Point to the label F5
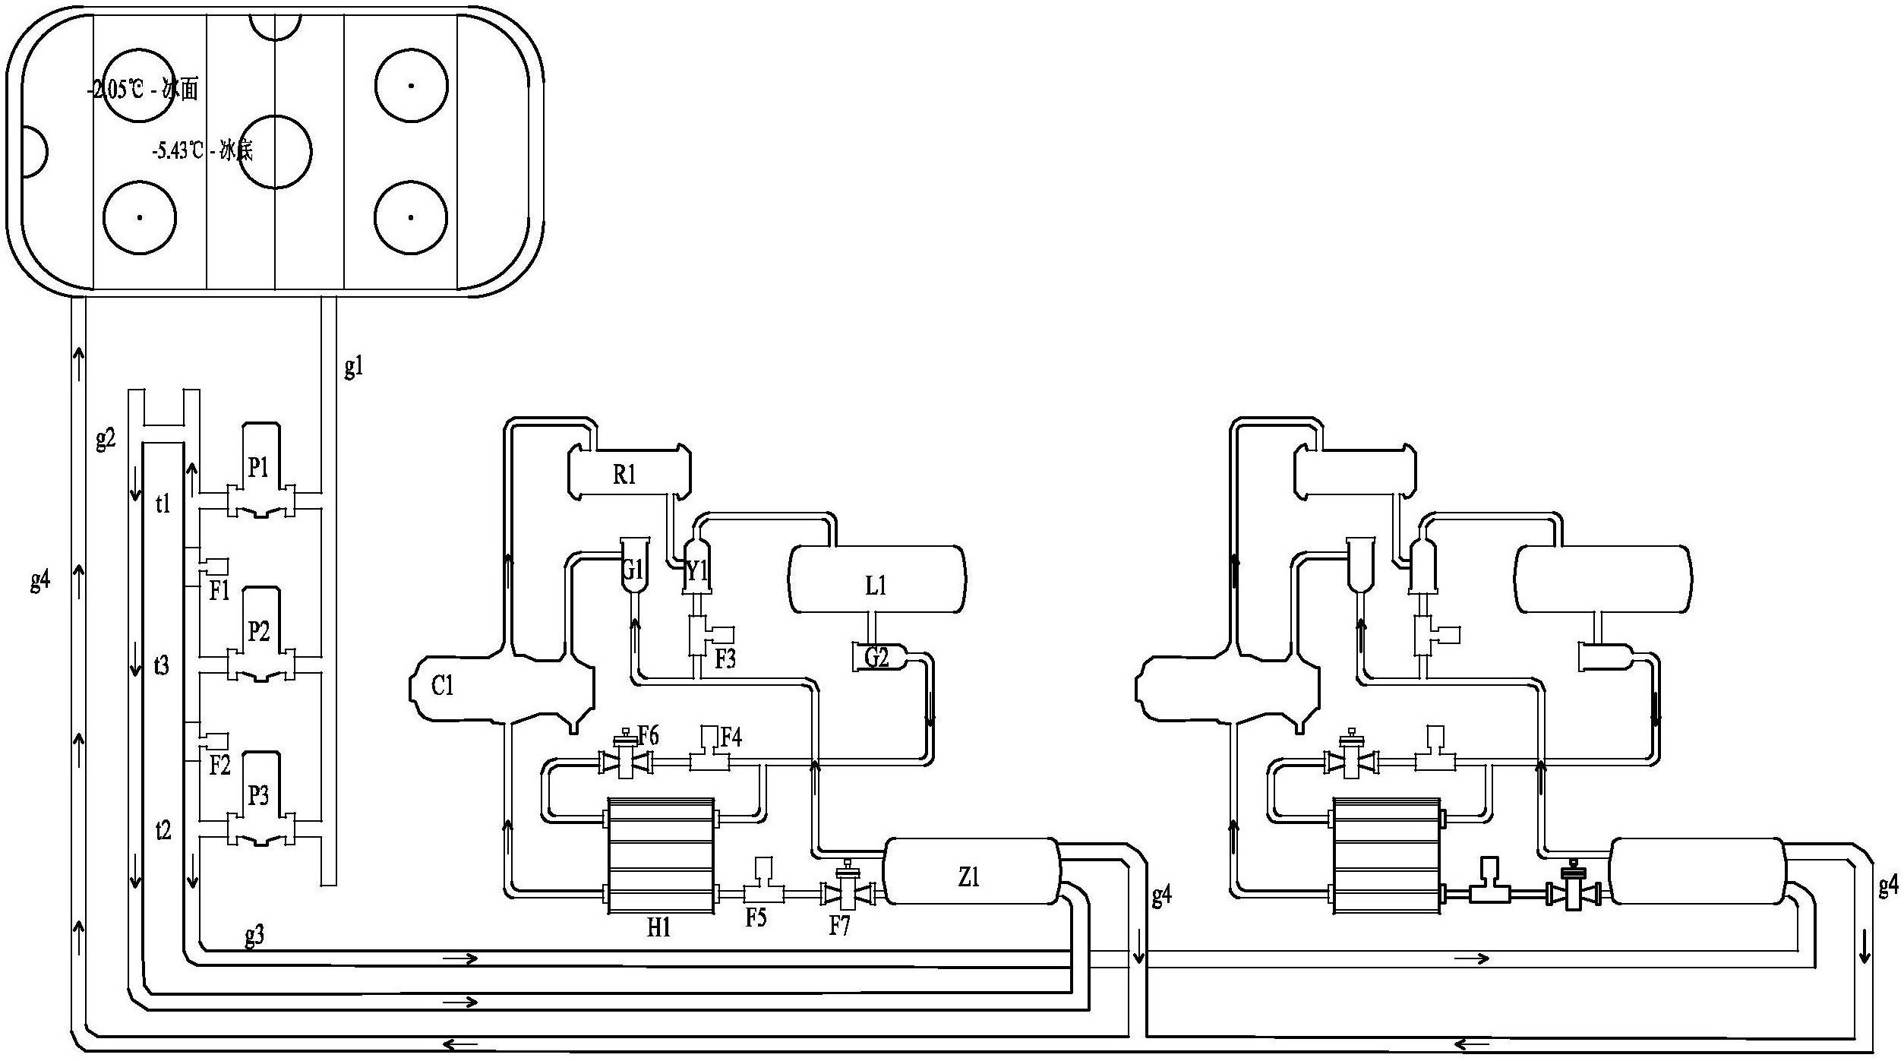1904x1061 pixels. click(x=756, y=917)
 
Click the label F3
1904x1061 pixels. click(x=725, y=658)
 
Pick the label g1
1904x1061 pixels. click(x=354, y=368)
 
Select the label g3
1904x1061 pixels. click(x=254, y=936)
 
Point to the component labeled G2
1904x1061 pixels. click(x=878, y=657)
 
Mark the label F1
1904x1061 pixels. click(x=219, y=591)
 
